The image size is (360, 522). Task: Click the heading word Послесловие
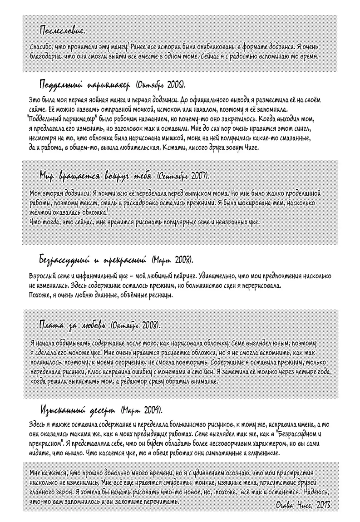(62, 31)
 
